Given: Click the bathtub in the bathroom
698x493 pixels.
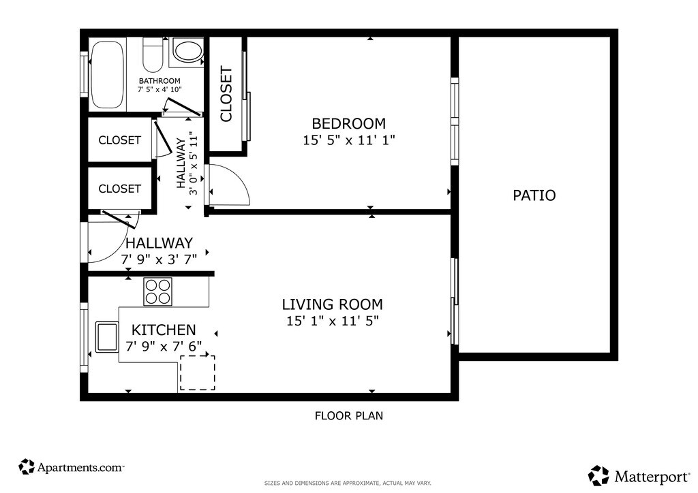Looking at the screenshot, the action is [x=107, y=75].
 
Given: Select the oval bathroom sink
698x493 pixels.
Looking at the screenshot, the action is [x=187, y=50].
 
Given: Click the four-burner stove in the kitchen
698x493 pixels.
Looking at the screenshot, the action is [x=157, y=291].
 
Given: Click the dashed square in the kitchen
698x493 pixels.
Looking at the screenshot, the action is [x=198, y=372].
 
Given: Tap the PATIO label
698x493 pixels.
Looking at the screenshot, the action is [x=534, y=195].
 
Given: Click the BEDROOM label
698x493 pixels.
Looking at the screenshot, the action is [x=348, y=123].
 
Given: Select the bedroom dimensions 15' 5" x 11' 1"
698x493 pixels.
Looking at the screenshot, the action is [x=349, y=140].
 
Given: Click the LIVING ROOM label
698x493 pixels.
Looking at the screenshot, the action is [x=332, y=304].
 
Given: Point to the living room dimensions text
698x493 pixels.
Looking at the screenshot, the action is [x=332, y=321].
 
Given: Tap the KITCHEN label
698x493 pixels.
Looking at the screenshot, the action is [x=164, y=330].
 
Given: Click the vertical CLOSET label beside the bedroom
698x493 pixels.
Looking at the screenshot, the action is [x=226, y=94].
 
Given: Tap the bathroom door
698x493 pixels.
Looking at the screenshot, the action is [x=180, y=107].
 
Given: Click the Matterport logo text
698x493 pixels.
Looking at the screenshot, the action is [x=652, y=477].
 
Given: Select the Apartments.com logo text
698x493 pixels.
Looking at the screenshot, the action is [x=80, y=467].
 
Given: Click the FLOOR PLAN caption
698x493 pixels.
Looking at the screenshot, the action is [x=349, y=415].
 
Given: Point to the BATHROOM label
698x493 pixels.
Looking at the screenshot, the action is [x=160, y=81].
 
